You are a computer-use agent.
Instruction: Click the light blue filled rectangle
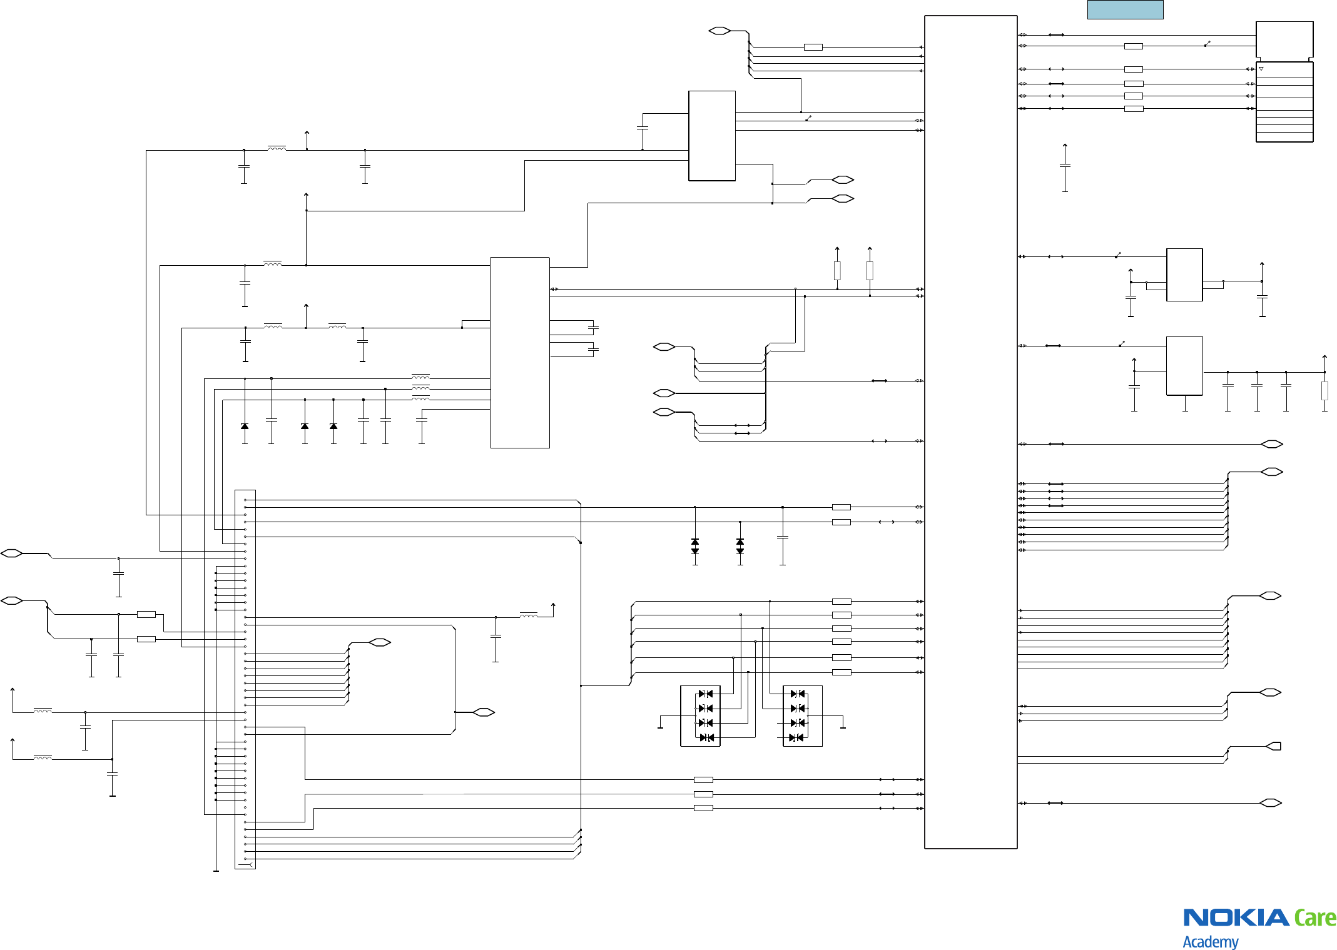coord(1125,10)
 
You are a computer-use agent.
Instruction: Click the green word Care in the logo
coord(1315,918)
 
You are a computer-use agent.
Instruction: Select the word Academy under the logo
coord(1210,941)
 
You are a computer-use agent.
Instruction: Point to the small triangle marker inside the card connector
coord(1261,69)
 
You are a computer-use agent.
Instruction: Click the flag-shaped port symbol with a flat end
coord(1274,746)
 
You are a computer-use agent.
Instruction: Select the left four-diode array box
coord(700,715)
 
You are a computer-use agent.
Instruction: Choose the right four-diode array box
coord(803,715)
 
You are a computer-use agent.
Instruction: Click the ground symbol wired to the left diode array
coord(660,727)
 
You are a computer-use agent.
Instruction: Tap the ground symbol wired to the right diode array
coord(843,727)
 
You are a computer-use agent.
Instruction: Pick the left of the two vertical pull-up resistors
coord(837,270)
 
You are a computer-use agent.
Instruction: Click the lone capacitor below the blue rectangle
coord(1065,166)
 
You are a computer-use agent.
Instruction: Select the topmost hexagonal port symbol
coord(719,31)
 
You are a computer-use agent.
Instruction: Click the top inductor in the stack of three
coord(420,376)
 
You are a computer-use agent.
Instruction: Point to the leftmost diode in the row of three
coord(245,426)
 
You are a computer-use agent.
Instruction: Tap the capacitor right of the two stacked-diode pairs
coord(782,537)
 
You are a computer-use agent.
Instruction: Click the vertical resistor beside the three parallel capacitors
coord(1324,390)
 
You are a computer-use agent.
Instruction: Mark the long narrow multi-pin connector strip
coord(245,679)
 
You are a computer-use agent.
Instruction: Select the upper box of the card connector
coord(1284,40)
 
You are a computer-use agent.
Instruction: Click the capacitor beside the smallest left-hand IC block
coord(642,128)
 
